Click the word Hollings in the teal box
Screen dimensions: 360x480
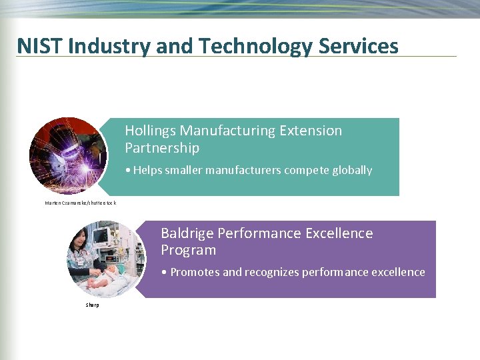coord(150,131)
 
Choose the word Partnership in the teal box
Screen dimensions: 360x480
coord(162,147)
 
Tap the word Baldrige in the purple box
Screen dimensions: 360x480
coord(187,233)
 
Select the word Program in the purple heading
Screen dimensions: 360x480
coord(189,250)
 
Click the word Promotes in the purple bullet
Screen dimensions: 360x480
coord(194,272)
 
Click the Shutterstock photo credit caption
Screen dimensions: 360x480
coord(80,203)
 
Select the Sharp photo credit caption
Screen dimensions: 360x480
coord(92,305)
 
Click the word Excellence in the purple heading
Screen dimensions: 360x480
coord(339,233)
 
